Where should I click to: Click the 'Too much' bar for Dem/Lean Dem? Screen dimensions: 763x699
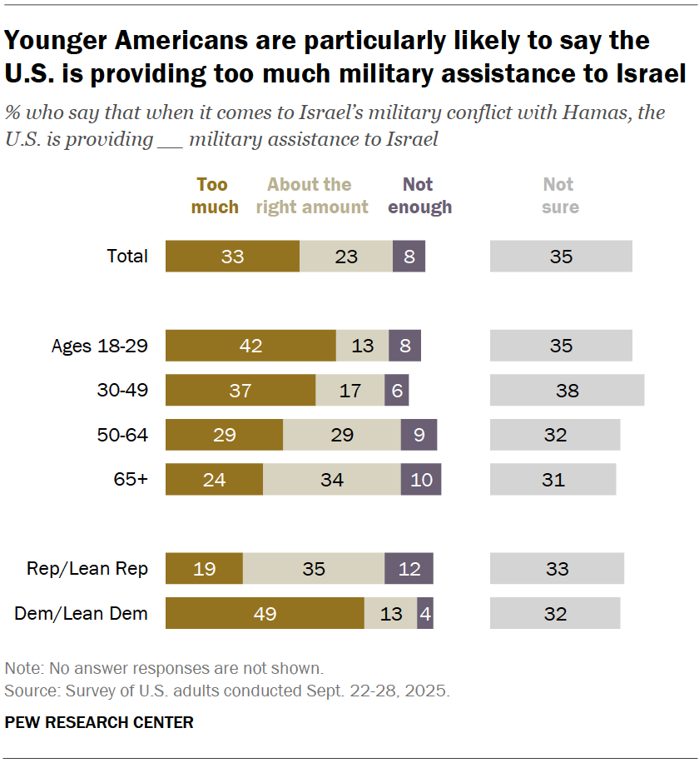(265, 614)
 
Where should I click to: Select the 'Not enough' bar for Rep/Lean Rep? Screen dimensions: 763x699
(409, 568)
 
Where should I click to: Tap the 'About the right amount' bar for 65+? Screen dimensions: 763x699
(331, 480)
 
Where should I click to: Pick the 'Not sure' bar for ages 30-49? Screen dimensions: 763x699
(567, 390)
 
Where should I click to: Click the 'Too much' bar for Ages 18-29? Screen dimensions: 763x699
(250, 345)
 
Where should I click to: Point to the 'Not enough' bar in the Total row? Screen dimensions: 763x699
(409, 256)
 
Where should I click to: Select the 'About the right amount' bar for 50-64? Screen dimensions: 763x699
(341, 435)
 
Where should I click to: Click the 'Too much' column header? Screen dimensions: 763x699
(214, 196)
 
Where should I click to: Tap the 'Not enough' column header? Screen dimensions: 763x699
(419, 196)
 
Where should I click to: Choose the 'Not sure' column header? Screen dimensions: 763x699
(559, 196)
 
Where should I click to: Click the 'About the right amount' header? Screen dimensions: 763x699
(311, 196)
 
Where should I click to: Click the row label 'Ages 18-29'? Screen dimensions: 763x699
(100, 346)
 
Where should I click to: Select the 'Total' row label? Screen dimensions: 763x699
(127, 256)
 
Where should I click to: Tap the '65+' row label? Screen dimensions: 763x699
(131, 480)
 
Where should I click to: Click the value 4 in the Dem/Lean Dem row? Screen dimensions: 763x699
(425, 614)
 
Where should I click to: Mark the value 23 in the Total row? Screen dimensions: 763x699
(346, 256)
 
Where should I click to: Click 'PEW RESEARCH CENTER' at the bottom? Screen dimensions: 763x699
(99, 722)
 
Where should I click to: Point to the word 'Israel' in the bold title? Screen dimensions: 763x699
(637, 73)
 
